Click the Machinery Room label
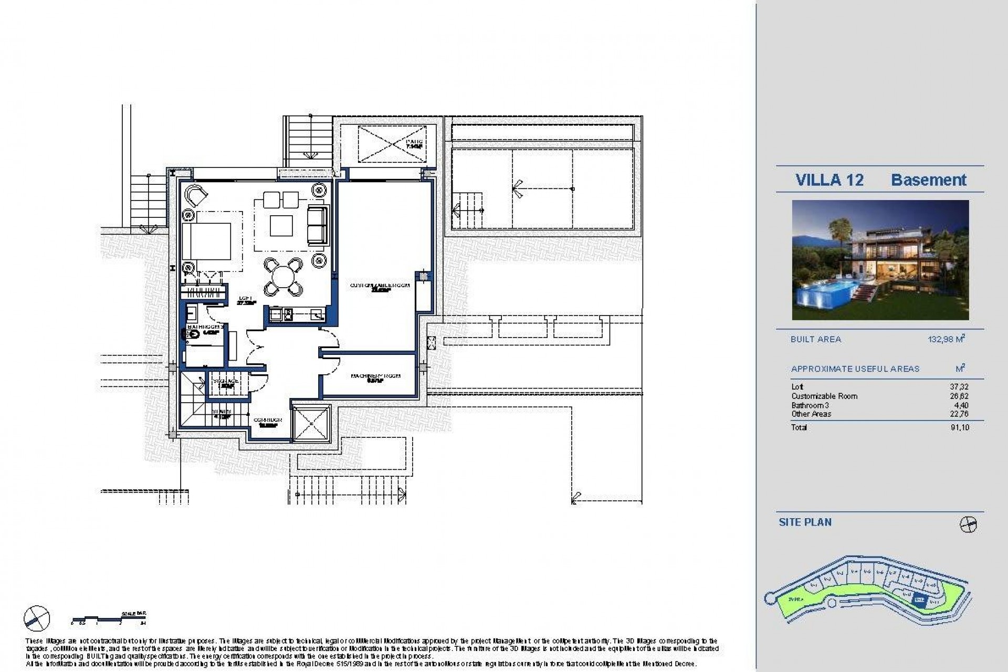pyautogui.click(x=375, y=377)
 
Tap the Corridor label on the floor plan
pyautogui.click(x=268, y=421)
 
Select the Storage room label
pyautogui.click(x=225, y=382)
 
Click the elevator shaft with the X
pyautogui.click(x=311, y=424)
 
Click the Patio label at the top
pyautogui.click(x=414, y=143)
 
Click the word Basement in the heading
pyautogui.click(x=928, y=180)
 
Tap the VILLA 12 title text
pyautogui.click(x=829, y=180)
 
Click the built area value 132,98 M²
pyautogui.click(x=946, y=339)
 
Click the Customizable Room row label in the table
pyautogui.click(x=824, y=396)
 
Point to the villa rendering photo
pyautogui.click(x=880, y=260)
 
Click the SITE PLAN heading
pyautogui.click(x=805, y=522)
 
